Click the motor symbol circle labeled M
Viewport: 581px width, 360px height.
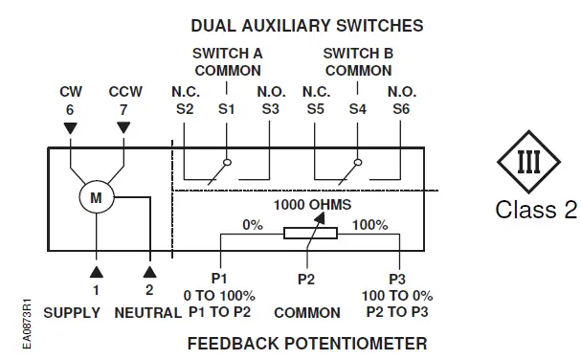[97, 197]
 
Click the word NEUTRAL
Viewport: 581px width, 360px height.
[147, 312]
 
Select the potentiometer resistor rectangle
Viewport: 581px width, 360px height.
[309, 233]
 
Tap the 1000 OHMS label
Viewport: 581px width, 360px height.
[312, 205]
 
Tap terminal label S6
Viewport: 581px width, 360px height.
[400, 110]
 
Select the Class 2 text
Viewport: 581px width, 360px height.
[535, 210]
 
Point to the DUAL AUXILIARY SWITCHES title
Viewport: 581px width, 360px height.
[306, 25]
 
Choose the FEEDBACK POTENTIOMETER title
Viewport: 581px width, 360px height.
[306, 342]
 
